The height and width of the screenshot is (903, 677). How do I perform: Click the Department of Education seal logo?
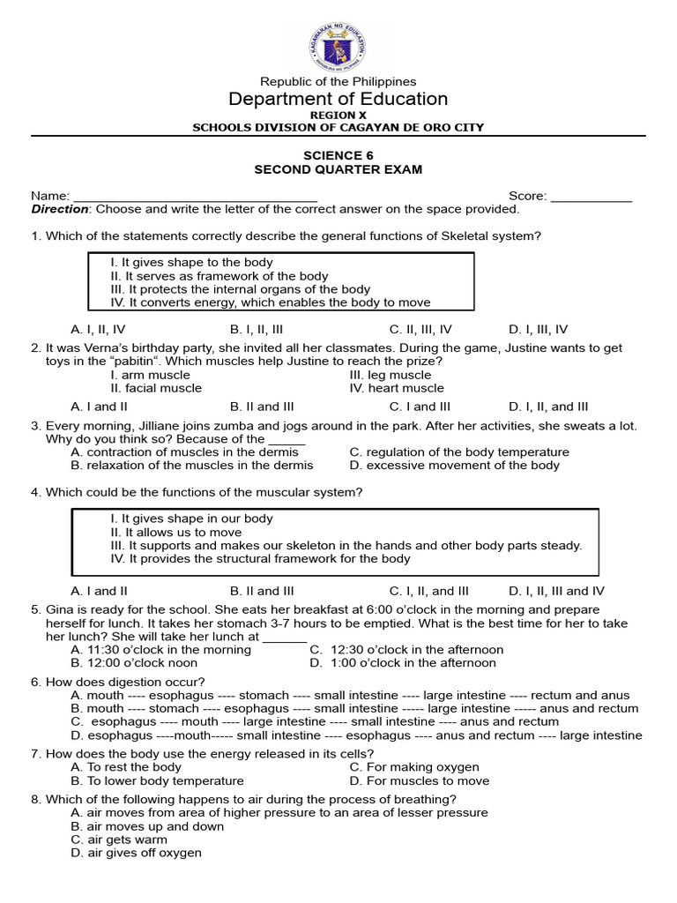338,46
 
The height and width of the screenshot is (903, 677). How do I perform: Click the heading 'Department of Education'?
338,99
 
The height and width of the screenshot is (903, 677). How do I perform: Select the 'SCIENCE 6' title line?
338,155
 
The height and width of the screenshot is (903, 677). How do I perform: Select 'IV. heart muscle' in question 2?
397,388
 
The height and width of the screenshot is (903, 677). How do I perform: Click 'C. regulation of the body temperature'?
459,451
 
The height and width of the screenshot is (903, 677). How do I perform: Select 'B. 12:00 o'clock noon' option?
134,662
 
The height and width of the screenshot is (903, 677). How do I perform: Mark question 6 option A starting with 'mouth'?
353,695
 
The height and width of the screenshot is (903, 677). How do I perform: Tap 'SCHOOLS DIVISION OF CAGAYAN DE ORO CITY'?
338,127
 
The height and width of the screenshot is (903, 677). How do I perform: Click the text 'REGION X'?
338,116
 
